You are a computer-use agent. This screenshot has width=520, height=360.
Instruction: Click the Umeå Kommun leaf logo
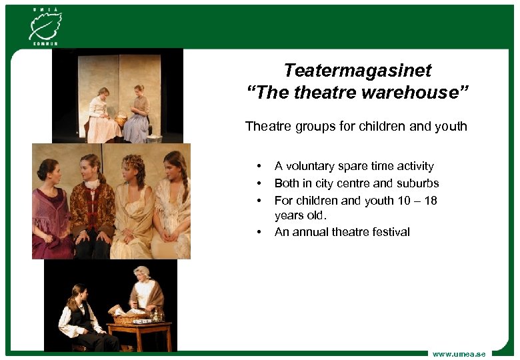click(x=44, y=25)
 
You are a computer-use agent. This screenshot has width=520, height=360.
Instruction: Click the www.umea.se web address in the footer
click(x=459, y=353)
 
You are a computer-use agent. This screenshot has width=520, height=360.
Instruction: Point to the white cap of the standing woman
click(x=141, y=271)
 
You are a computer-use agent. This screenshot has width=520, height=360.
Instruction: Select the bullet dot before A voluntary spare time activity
click(x=257, y=167)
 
